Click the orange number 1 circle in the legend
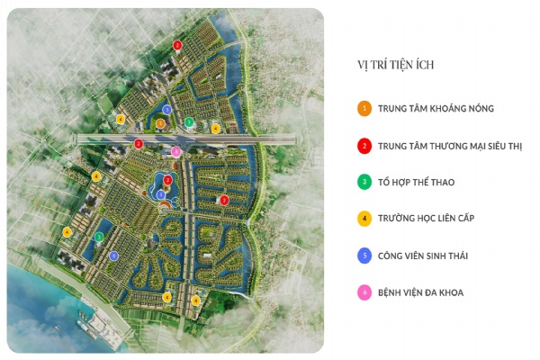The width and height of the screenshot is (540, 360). (364, 109)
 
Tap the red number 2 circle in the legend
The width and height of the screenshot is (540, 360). (364, 146)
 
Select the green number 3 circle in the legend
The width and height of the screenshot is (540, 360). (364, 183)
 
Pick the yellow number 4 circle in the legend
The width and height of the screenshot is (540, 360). (364, 220)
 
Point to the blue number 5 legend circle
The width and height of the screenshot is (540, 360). (364, 256)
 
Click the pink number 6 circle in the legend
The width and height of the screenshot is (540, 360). (364, 293)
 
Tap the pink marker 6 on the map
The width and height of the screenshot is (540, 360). (176, 152)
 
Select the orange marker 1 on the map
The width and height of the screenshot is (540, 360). (160, 123)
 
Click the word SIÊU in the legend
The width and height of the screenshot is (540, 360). (490, 146)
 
